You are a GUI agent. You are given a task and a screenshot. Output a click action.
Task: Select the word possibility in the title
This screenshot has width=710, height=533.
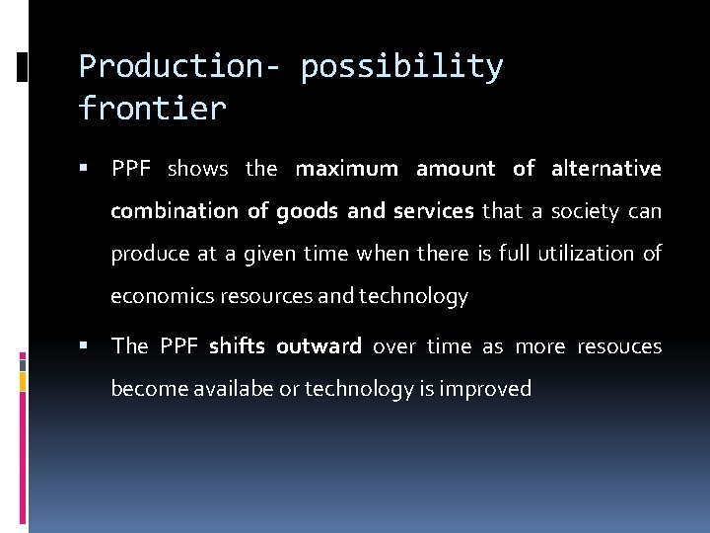(x=401, y=66)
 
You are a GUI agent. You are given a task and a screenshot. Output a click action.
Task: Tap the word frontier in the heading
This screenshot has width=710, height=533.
(x=152, y=108)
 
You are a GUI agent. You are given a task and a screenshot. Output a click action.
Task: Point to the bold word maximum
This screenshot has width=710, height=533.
(x=346, y=169)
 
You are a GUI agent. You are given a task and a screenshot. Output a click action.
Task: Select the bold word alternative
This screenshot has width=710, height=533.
(x=605, y=169)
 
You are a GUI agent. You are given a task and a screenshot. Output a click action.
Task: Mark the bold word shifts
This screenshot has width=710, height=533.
(x=236, y=346)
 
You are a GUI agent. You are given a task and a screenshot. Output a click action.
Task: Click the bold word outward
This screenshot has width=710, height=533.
(x=319, y=346)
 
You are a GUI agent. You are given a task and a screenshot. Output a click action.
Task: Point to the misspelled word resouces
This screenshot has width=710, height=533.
(x=619, y=346)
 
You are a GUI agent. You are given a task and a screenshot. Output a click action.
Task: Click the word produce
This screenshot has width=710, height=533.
(x=151, y=254)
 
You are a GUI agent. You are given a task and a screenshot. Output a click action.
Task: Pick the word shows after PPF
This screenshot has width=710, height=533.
(x=197, y=169)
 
